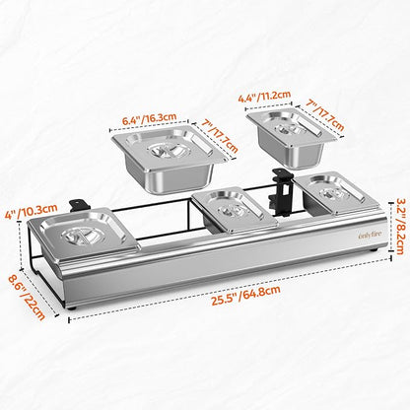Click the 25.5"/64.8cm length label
click(x=245, y=296)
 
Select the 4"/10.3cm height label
click(x=32, y=211)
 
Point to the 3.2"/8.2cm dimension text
click(x=399, y=226)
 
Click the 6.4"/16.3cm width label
click(x=150, y=118)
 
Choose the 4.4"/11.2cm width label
click(x=264, y=97)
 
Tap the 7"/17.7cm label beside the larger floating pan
click(x=220, y=136)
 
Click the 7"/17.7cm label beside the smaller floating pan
click(x=325, y=114)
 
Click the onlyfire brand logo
click(x=371, y=236)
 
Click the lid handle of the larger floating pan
click(x=168, y=152)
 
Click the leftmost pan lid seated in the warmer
click(x=83, y=233)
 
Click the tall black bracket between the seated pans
click(x=280, y=192)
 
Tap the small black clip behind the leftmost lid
click(x=79, y=205)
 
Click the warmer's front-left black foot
click(x=72, y=308)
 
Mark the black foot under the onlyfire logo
click(x=373, y=250)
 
